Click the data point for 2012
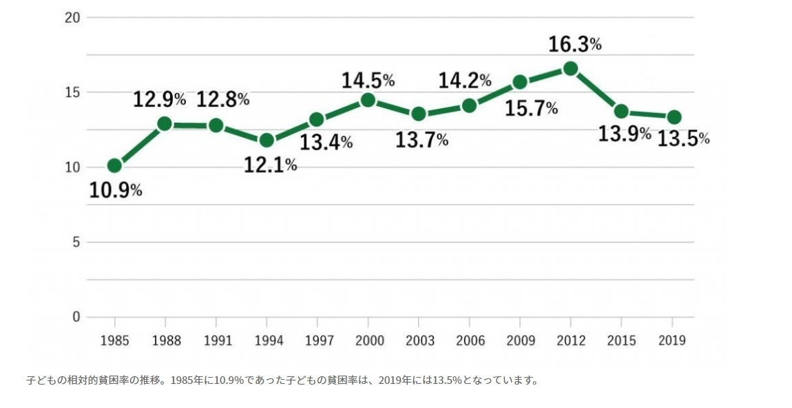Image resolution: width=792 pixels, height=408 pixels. point(570,68)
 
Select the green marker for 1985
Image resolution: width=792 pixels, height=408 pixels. point(114,165)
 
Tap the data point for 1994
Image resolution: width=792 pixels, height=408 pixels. point(267,141)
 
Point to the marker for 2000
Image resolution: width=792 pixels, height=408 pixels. point(368,100)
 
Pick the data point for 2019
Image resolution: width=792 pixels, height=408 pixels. point(674,117)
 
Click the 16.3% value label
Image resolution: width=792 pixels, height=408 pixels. point(574,45)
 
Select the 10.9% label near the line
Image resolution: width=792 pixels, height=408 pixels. point(116,190)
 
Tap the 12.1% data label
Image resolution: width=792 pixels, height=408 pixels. point(270,165)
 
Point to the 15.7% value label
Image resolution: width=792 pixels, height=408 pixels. point(531,108)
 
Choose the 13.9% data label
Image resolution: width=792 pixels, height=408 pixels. point(624,134)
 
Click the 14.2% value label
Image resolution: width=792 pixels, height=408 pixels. point(465,80)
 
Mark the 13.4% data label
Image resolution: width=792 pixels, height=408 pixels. point(326,143)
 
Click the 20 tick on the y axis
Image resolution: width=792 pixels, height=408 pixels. point(72,17)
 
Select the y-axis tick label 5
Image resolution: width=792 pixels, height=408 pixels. point(76,242)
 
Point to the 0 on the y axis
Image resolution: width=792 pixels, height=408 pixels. point(76,317)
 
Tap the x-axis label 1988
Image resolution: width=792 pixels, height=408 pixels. point(165,341)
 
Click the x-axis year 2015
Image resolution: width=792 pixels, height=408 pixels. point(621,341)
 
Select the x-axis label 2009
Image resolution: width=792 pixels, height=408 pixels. point(520,341)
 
